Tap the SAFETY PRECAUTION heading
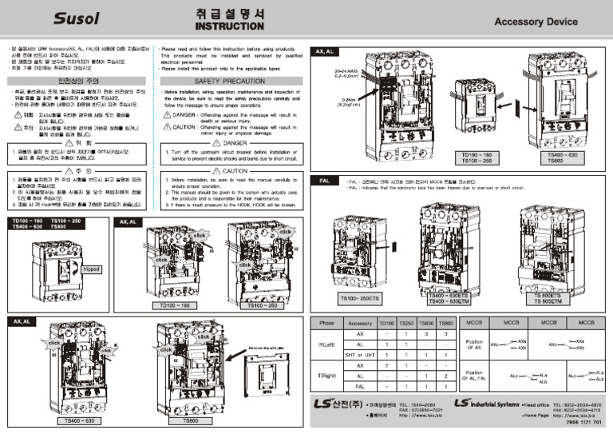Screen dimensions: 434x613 point(229,81)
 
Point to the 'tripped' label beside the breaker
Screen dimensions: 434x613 point(90,269)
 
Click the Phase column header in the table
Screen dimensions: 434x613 point(326,323)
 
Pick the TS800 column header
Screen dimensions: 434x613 point(446,323)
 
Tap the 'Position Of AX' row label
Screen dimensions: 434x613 point(473,344)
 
